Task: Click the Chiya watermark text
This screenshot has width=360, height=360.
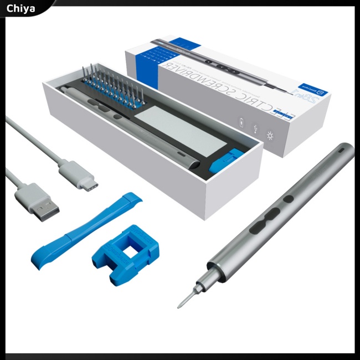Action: pos(21,8)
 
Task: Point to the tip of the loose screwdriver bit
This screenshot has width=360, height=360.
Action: pos(179,306)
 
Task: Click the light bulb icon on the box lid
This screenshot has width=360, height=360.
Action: pos(270,135)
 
